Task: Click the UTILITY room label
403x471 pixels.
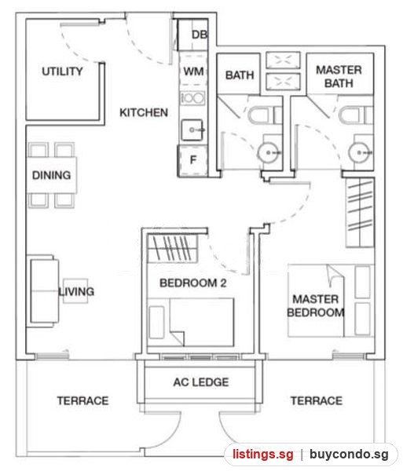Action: pos(62,71)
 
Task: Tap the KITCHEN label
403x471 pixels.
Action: pos(144,112)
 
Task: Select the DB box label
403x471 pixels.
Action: pos(200,35)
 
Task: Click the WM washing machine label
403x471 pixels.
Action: pos(193,71)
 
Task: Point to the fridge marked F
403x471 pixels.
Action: pos(193,160)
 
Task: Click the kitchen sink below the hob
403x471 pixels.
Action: pos(192,130)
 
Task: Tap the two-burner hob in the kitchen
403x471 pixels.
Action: pos(192,98)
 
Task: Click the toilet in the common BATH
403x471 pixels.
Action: pos(265,115)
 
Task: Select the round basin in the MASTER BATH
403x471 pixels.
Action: pos(359,152)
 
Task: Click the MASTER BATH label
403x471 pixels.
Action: pos(339,77)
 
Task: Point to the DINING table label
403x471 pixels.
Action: pos(51,175)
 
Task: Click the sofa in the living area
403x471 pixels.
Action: pos(43,291)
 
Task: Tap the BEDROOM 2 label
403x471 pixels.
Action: pos(193,283)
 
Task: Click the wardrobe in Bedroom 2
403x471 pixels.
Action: pos(173,249)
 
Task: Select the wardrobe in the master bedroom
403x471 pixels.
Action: pos(360,213)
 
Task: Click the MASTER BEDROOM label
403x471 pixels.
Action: pos(316,306)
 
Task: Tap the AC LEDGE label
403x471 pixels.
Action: pos(201,382)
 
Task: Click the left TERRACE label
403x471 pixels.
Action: pos(82,400)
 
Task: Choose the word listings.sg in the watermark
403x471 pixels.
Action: pos(263,454)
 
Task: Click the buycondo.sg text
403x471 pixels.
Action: pos(349,454)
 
